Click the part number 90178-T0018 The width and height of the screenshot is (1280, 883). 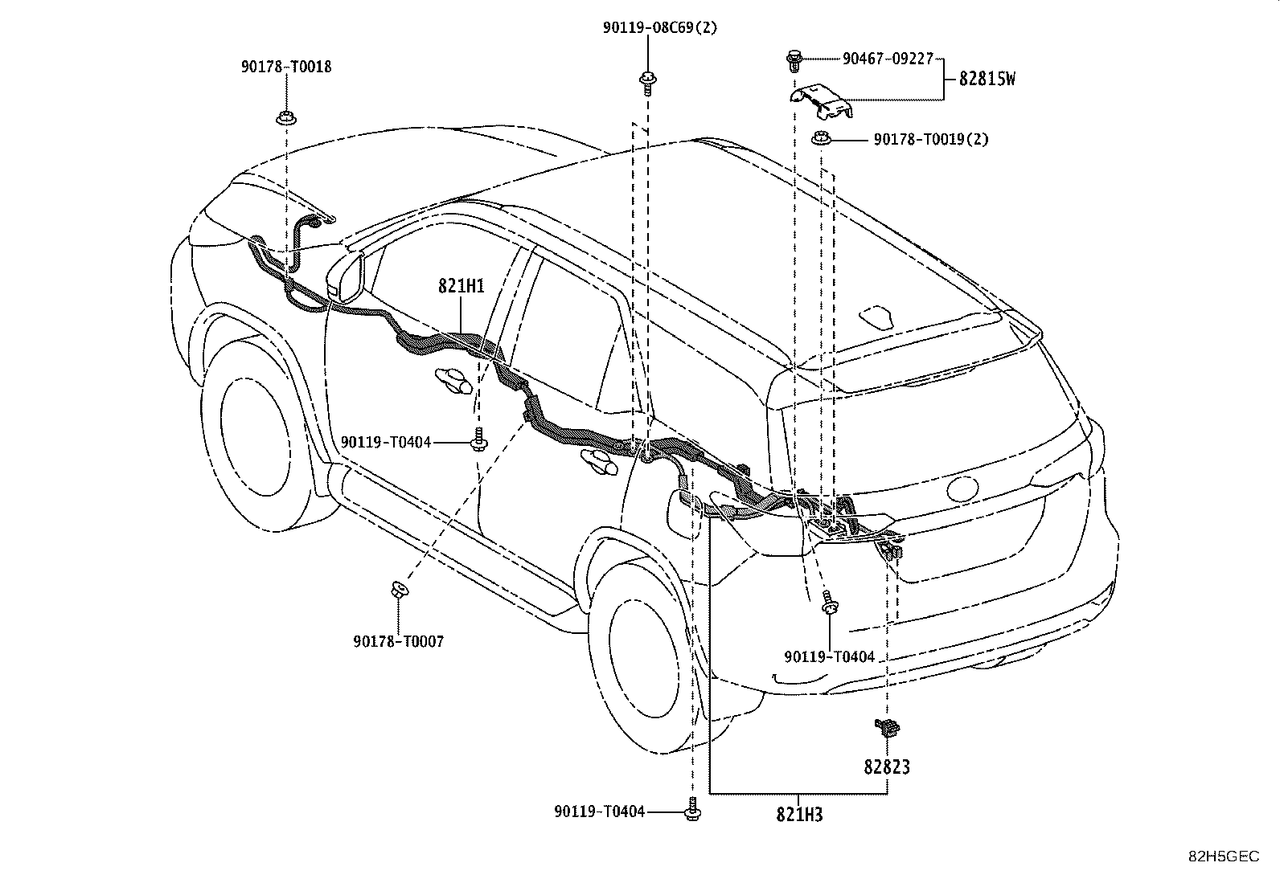point(285,67)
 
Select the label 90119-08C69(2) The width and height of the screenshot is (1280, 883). point(659,28)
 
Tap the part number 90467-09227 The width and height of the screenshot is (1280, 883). point(888,59)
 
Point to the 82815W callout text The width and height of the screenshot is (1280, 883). point(987,79)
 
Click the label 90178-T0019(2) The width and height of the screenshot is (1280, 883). point(931,139)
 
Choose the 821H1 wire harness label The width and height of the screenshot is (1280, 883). point(462,285)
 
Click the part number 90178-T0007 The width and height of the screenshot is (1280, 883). point(398,642)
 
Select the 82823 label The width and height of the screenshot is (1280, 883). point(886,766)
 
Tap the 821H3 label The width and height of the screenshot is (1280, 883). point(799,815)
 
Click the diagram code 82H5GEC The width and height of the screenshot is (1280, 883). point(1224,856)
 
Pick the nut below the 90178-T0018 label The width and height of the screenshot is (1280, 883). point(285,118)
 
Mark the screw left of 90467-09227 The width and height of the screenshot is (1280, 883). point(794,60)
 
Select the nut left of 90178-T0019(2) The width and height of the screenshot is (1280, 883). point(821,138)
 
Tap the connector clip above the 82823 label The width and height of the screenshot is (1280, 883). point(886,728)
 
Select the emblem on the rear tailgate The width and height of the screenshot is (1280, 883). point(962,489)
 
